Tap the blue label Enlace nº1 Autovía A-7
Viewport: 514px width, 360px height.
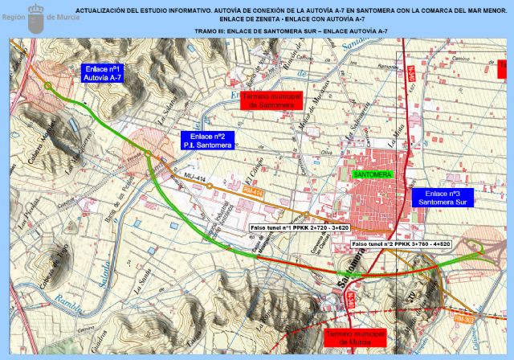103,74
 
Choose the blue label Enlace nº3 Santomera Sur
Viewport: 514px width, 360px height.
442,198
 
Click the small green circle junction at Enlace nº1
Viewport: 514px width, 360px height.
48,86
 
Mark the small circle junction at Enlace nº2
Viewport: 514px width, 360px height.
149,153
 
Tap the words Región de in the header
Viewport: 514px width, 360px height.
61,17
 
